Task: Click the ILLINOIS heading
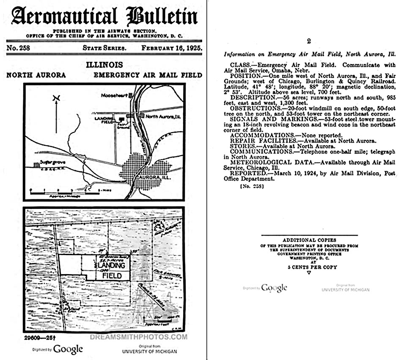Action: tap(104, 65)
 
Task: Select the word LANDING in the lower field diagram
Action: tap(111, 265)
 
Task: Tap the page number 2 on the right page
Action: tap(309, 41)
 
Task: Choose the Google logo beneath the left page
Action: tap(68, 349)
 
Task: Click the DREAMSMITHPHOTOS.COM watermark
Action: tap(139, 337)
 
